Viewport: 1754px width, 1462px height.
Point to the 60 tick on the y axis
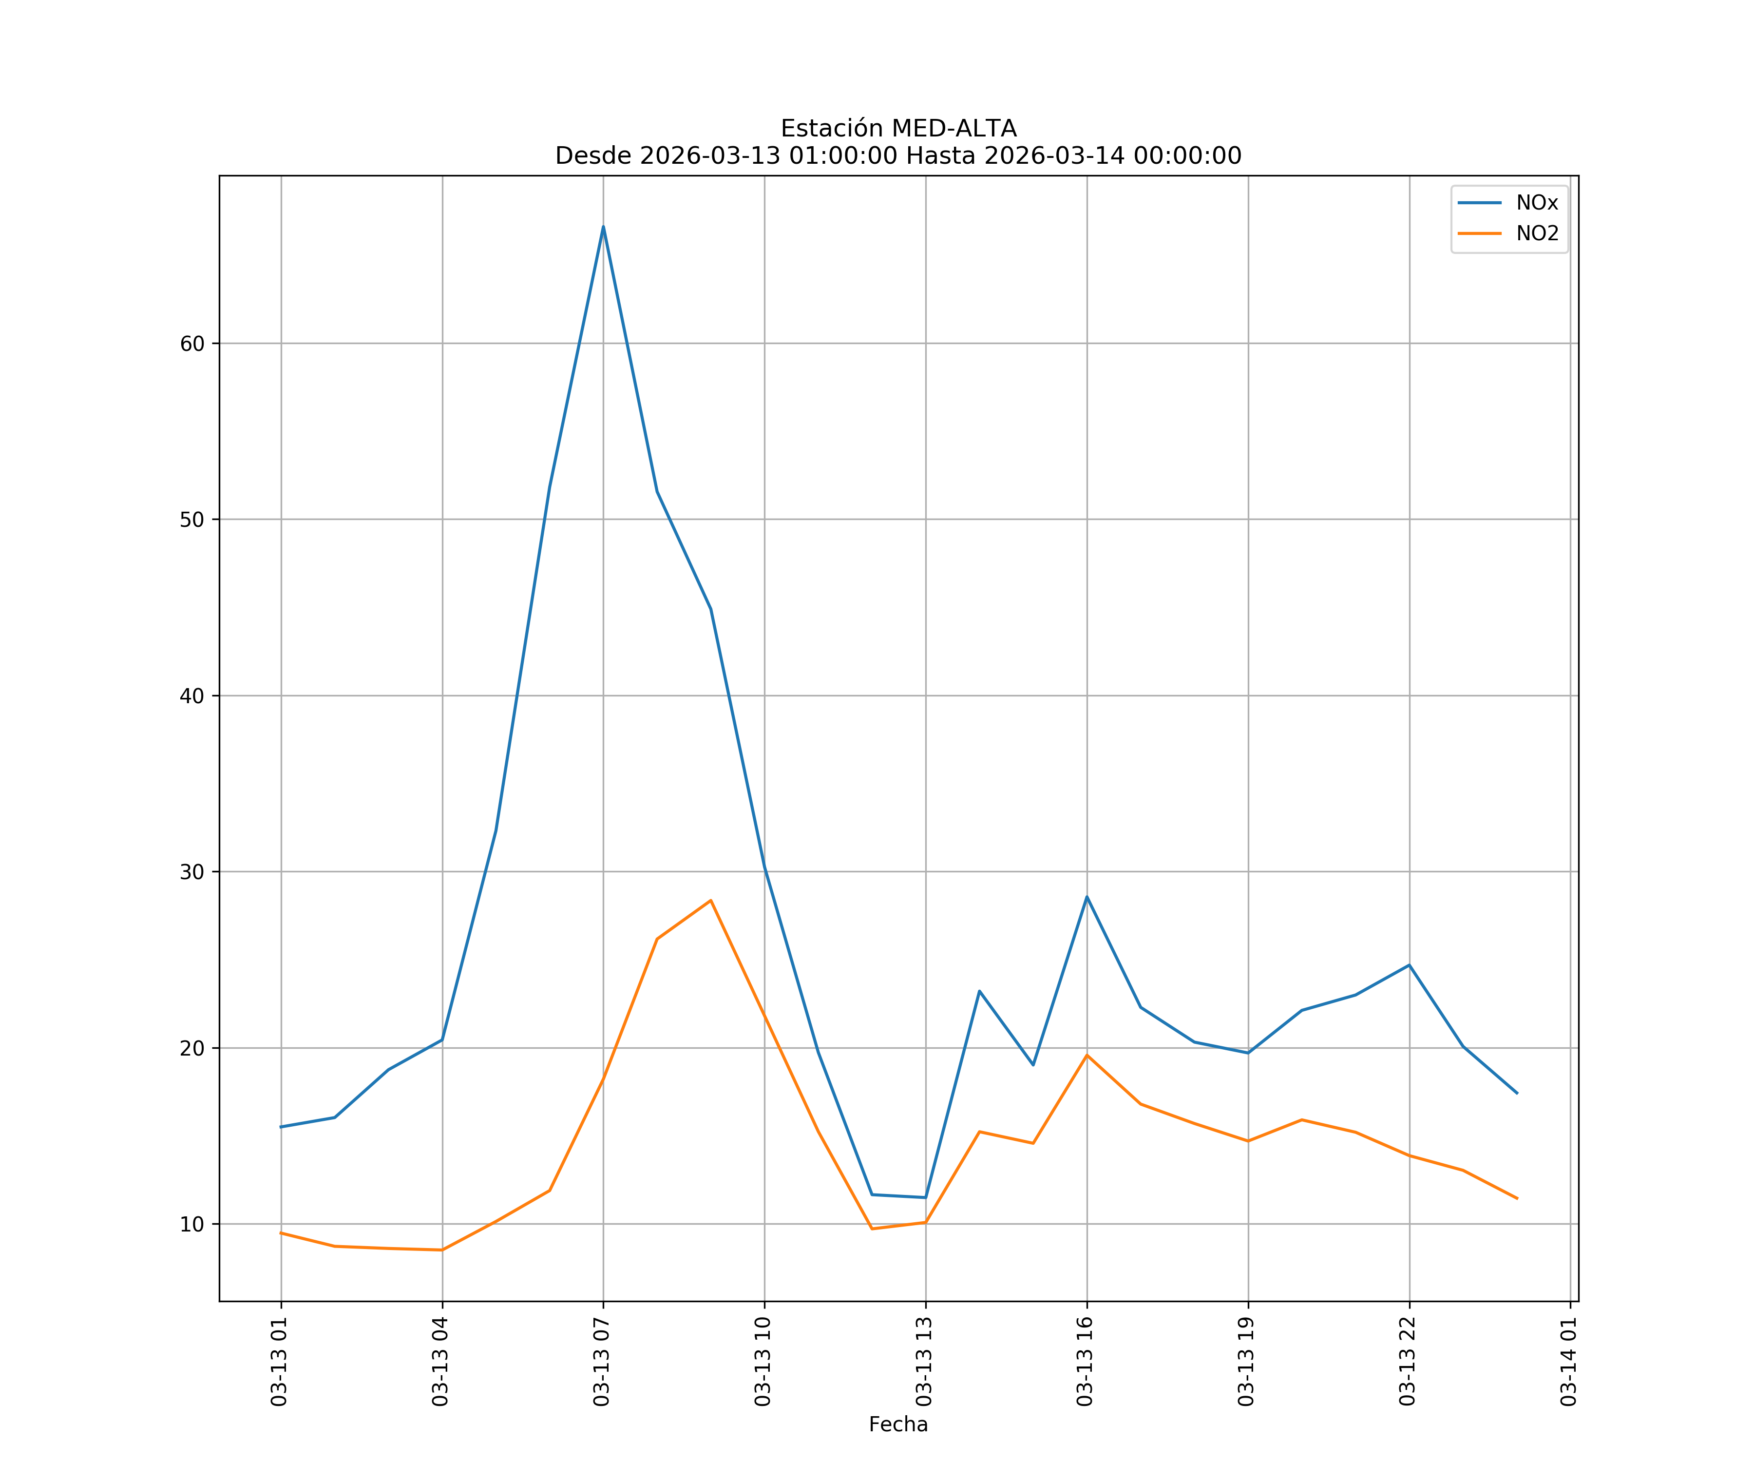click(x=192, y=344)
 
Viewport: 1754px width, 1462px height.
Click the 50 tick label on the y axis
click(x=192, y=519)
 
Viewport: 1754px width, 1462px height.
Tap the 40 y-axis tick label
click(x=192, y=696)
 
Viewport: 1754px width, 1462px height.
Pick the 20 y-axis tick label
click(x=192, y=1048)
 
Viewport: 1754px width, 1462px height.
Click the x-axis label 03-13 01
click(x=279, y=1361)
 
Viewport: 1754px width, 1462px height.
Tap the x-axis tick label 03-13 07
click(x=601, y=1361)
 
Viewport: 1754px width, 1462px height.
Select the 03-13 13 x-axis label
click(x=924, y=1361)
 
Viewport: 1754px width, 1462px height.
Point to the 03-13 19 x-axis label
click(x=1246, y=1361)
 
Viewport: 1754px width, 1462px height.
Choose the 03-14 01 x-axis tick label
click(x=1568, y=1361)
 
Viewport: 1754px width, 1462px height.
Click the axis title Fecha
click(x=898, y=1424)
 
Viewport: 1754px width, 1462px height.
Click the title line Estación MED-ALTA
click(x=898, y=129)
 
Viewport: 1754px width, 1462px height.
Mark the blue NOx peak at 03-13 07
click(x=603, y=227)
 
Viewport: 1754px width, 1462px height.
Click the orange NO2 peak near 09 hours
click(x=711, y=901)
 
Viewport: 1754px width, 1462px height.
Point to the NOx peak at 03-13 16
click(x=1087, y=896)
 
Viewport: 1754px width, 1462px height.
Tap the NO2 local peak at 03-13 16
click(x=1087, y=1055)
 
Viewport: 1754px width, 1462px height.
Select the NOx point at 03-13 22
click(x=1409, y=965)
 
